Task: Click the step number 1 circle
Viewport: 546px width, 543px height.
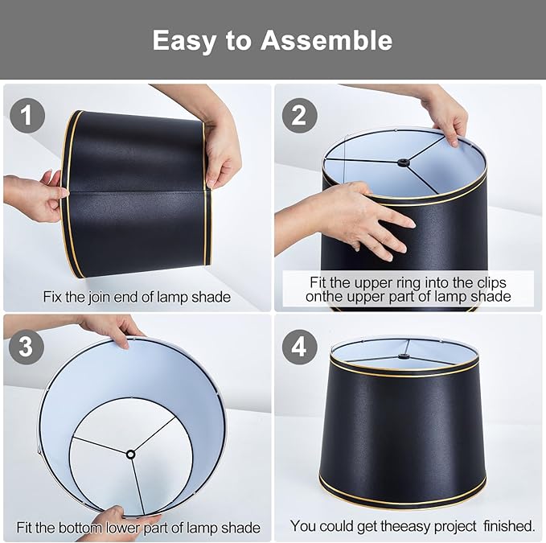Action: click(x=27, y=116)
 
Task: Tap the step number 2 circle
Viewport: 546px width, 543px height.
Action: click(x=299, y=116)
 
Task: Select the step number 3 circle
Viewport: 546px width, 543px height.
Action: click(x=27, y=347)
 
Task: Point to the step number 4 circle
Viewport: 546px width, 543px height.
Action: click(x=299, y=347)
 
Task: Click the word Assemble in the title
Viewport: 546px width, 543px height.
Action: click(x=326, y=40)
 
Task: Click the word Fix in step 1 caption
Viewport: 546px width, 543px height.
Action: click(x=52, y=297)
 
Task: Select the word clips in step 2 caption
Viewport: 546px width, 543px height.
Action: click(x=491, y=283)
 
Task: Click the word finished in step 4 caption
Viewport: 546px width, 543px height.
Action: click(x=509, y=526)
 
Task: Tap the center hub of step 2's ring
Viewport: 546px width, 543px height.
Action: click(x=403, y=162)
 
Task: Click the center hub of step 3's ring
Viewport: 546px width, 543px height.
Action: click(x=131, y=455)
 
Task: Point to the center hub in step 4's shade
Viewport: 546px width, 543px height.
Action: click(x=403, y=356)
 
